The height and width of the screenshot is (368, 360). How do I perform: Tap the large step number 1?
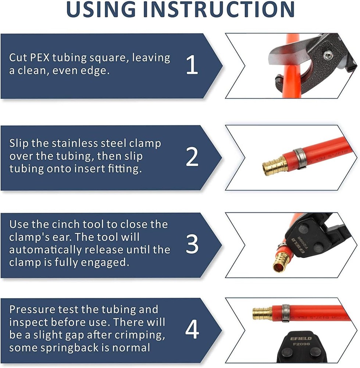click(x=192, y=66)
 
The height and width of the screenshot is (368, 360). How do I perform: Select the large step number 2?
click(x=192, y=157)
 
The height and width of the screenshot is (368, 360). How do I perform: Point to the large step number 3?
click(x=192, y=245)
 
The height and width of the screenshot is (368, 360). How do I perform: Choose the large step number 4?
click(x=192, y=330)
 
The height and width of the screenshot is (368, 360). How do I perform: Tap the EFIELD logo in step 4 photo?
click(x=301, y=338)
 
